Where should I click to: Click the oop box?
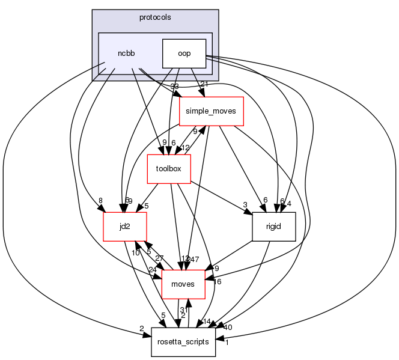(x=184, y=53)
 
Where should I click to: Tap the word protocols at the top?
(x=155, y=17)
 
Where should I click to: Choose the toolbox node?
(x=169, y=169)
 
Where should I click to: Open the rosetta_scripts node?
(x=183, y=341)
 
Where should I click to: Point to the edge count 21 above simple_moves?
(x=204, y=84)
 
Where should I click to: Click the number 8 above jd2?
(x=101, y=201)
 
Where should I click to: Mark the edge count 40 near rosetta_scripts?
(x=228, y=328)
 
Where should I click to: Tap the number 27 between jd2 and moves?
(x=159, y=258)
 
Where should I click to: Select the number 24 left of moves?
(x=153, y=269)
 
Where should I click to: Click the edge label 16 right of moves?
(x=217, y=281)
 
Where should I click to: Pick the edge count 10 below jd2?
(x=136, y=252)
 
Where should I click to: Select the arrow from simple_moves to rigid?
(x=241, y=168)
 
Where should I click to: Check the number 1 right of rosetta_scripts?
(x=227, y=343)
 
